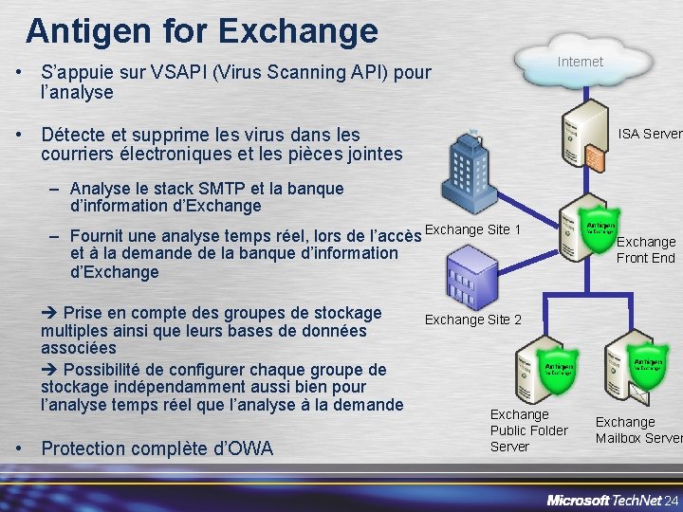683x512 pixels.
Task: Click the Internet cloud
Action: point(580,62)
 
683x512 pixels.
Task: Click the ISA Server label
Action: point(650,134)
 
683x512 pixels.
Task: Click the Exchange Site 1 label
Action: point(473,230)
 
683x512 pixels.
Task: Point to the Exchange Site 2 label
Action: point(473,320)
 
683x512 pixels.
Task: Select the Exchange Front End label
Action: point(646,249)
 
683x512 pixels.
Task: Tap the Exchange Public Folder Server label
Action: point(528,430)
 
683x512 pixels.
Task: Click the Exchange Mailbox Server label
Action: point(637,430)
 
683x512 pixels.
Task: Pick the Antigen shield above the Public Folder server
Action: point(559,368)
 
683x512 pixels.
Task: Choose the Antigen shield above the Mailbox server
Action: point(649,366)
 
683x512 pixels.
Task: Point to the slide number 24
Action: point(672,474)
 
